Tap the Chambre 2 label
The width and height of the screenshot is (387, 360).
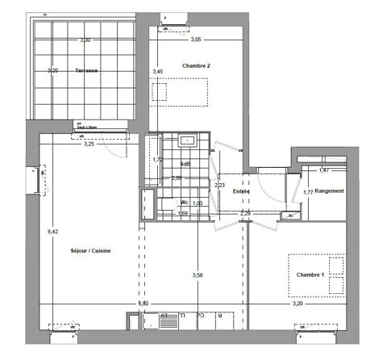pos(196,65)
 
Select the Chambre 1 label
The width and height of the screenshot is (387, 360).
pos(310,275)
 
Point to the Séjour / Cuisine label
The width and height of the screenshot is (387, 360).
pos(90,251)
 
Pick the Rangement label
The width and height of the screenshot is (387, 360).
pos(330,190)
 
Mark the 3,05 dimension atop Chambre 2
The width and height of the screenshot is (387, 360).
pos(197,39)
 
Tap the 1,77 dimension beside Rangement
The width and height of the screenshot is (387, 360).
pos(308,191)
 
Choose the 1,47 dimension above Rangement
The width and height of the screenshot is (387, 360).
pos(323,170)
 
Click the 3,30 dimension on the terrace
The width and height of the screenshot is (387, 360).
pos(85,39)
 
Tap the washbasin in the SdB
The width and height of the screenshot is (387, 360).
pos(186,140)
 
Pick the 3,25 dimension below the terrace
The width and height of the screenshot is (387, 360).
pos(89,144)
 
